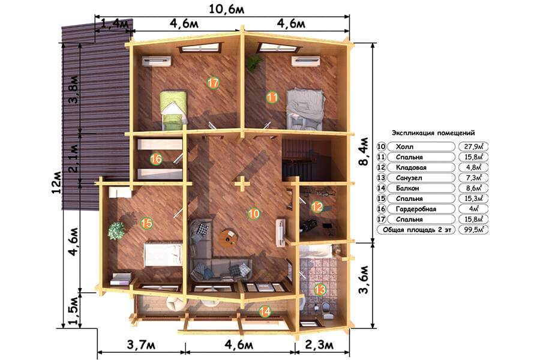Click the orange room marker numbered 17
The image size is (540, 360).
coord(213,83)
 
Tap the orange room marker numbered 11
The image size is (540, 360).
coord(272,97)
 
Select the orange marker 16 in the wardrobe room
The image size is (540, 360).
coord(156,159)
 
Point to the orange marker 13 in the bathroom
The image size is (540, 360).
coord(320,289)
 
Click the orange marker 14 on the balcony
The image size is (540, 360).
coord(265,311)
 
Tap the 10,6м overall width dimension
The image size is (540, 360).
coord(227,9)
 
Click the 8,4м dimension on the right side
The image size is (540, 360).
coord(364,152)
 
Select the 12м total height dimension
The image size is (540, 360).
coord(57,182)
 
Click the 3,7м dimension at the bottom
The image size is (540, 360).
coord(141,344)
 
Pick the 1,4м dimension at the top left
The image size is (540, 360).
coord(115,24)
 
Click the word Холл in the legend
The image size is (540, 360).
coord(404,147)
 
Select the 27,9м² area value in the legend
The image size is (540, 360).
coord(473,146)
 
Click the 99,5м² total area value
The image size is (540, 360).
coord(473,229)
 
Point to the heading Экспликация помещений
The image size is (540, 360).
coord(433,133)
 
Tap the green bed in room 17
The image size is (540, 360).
coord(173,110)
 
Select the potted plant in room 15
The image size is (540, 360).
coord(116,230)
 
